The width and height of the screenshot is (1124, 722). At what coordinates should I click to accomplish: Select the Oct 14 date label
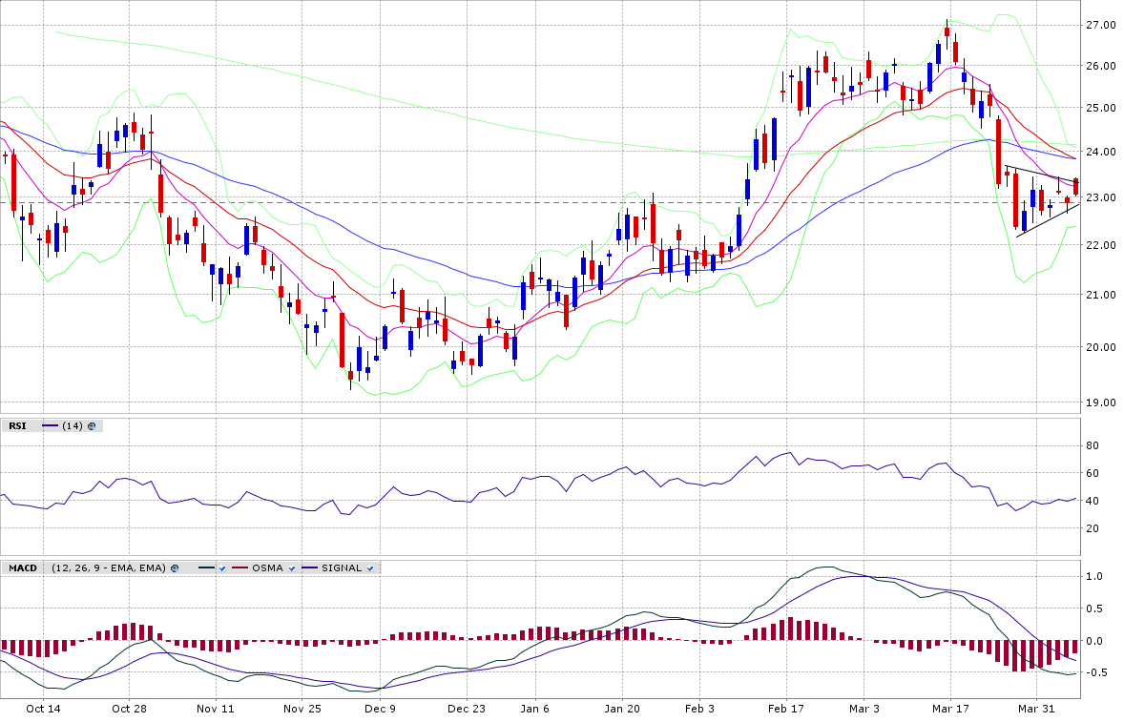(x=43, y=709)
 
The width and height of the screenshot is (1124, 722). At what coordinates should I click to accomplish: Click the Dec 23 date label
(x=467, y=709)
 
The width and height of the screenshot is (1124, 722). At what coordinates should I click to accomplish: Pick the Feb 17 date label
(x=786, y=709)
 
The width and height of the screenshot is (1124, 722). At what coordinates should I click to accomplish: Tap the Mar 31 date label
(x=1036, y=709)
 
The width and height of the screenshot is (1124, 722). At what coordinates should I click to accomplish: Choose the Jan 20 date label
(x=622, y=709)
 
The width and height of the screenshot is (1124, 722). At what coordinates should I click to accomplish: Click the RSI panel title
(x=17, y=425)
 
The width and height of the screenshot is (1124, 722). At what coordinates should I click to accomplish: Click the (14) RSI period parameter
(x=72, y=425)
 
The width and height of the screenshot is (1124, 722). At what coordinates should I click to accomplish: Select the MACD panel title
(x=22, y=567)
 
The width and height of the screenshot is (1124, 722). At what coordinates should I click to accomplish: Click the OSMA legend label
(x=267, y=567)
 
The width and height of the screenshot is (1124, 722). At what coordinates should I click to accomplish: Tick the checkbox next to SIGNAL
(x=371, y=568)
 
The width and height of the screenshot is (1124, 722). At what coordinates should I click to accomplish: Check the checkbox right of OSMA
(x=292, y=568)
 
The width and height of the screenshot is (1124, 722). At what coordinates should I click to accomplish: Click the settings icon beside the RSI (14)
(x=92, y=425)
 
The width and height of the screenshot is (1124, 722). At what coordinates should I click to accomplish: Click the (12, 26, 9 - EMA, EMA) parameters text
(x=110, y=567)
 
